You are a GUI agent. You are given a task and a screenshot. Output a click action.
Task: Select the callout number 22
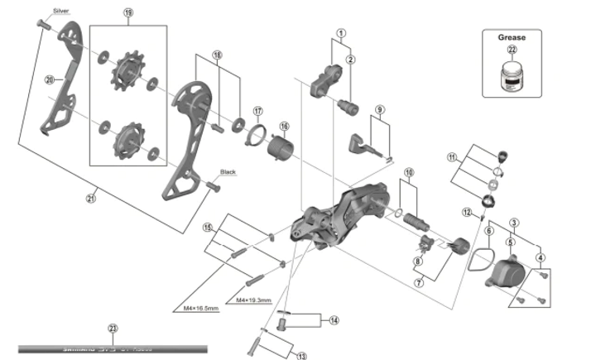(x=512, y=52)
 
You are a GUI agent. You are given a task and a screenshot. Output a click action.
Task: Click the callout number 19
(x=128, y=13)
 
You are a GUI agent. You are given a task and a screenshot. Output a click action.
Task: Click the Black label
(x=228, y=172)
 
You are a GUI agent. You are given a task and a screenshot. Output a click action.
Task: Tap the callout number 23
(x=113, y=329)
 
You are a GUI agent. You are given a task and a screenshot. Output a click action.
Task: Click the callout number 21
(x=92, y=198)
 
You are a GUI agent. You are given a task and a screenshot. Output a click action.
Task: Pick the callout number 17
(x=257, y=110)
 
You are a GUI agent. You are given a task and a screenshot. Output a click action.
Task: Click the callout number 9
(x=380, y=110)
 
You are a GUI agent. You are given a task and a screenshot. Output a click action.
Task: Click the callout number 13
(x=300, y=356)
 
